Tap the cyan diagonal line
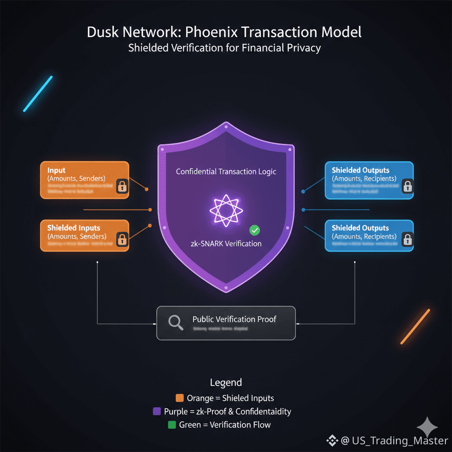[x=38, y=94]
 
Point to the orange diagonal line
[x=415, y=327]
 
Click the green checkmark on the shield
[x=255, y=230]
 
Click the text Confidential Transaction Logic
[x=226, y=171]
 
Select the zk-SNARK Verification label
[x=226, y=244]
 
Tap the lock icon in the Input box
[x=122, y=187]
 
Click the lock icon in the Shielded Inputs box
[x=122, y=240]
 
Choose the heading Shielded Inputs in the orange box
[x=74, y=228]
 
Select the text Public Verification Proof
[x=234, y=319]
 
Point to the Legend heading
[x=226, y=382]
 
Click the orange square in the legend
[x=180, y=398]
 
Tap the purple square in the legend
[x=156, y=411]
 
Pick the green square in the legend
[x=172, y=425]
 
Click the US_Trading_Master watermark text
[x=395, y=441]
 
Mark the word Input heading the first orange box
[x=56, y=170]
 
